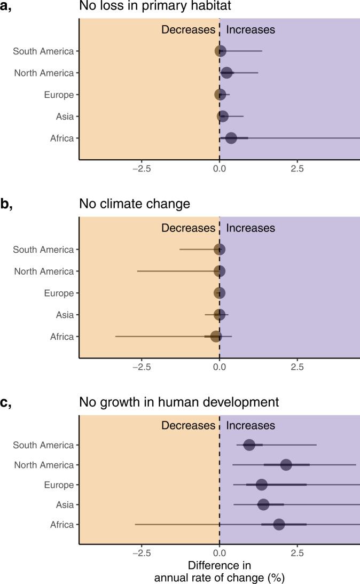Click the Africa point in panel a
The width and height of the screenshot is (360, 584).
point(231,138)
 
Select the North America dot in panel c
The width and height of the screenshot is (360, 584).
point(286,465)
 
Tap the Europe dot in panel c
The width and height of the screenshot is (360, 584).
point(261,485)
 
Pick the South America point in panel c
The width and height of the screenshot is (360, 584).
point(249,445)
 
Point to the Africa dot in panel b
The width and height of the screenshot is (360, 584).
point(216,337)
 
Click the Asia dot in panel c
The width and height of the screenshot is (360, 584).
point(263,504)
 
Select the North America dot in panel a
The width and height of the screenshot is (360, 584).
point(226,73)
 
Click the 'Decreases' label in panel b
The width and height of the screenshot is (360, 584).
point(188,228)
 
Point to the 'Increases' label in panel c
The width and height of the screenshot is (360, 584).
point(251,425)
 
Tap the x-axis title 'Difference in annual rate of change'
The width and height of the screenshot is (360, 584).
point(219,571)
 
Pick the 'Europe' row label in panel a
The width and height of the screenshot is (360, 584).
point(59,95)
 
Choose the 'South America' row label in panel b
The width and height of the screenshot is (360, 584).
point(43,250)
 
